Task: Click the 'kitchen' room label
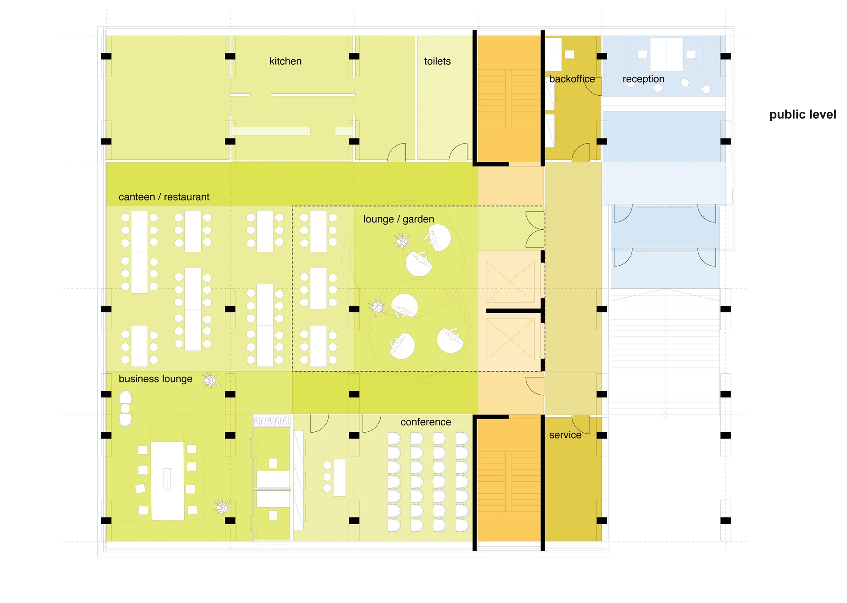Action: [x=285, y=61]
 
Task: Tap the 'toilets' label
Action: [x=437, y=61]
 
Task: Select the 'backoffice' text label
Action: [x=572, y=79]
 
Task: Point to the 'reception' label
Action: [x=643, y=79]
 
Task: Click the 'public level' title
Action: [x=803, y=114]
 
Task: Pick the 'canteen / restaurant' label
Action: [x=164, y=197]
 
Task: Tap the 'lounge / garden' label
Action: [x=399, y=219]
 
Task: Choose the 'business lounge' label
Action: [x=155, y=379]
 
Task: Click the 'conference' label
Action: [x=426, y=422]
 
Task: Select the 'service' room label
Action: [x=565, y=435]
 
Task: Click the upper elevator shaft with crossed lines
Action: [x=510, y=281]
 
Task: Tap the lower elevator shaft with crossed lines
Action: [x=510, y=339]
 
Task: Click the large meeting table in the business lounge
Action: [x=168, y=481]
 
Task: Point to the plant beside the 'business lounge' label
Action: [x=210, y=380]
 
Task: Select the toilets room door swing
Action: [x=459, y=153]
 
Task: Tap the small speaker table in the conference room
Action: [x=339, y=478]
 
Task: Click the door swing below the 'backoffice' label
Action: [x=581, y=153]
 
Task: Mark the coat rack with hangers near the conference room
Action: [x=272, y=421]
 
